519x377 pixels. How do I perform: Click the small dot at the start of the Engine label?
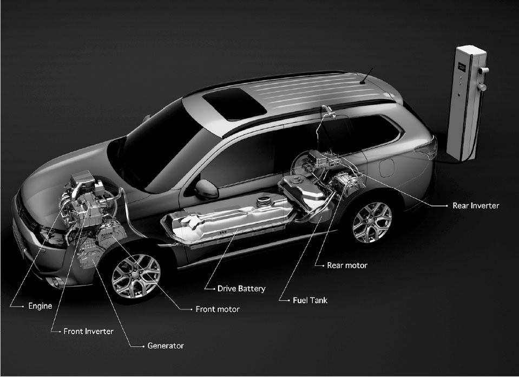tap(23, 307)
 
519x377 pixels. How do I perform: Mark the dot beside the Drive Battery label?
tap(214, 289)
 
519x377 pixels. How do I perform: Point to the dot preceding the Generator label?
tap(143, 347)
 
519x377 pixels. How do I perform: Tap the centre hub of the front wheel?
tap(136, 276)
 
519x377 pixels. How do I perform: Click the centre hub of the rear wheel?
tap(372, 223)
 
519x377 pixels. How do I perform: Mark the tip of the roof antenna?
tap(373, 68)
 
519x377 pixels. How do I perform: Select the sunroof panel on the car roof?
tap(234, 103)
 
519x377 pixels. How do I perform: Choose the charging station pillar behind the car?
tap(466, 103)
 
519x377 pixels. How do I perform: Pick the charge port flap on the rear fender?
tap(386, 168)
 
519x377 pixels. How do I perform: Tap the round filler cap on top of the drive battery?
tap(264, 201)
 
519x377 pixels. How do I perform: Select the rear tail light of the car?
tap(426, 148)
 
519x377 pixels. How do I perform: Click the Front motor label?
tap(218, 309)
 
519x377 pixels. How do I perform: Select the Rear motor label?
tap(347, 265)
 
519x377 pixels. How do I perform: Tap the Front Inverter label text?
tap(88, 331)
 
